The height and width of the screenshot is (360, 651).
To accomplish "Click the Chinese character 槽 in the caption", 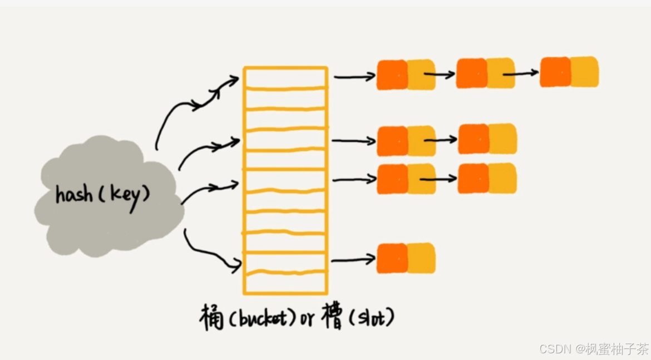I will [x=332, y=318].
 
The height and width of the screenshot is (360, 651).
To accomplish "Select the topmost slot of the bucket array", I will [x=285, y=77].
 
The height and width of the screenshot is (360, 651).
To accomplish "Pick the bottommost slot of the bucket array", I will [x=285, y=283].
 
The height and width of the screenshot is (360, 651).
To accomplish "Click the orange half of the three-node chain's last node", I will [x=555, y=72].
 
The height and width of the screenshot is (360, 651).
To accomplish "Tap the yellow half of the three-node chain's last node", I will [x=584, y=72].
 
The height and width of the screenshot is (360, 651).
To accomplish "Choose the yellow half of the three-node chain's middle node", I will [x=501, y=73].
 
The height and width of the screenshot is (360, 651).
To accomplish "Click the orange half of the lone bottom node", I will [x=392, y=258].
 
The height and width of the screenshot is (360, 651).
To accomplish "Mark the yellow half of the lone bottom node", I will [x=421, y=258].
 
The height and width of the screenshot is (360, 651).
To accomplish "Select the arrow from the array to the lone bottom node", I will [x=353, y=259].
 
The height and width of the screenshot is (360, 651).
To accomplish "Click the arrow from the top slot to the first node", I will [x=354, y=76].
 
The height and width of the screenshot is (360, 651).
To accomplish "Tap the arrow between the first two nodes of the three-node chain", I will [x=440, y=74].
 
